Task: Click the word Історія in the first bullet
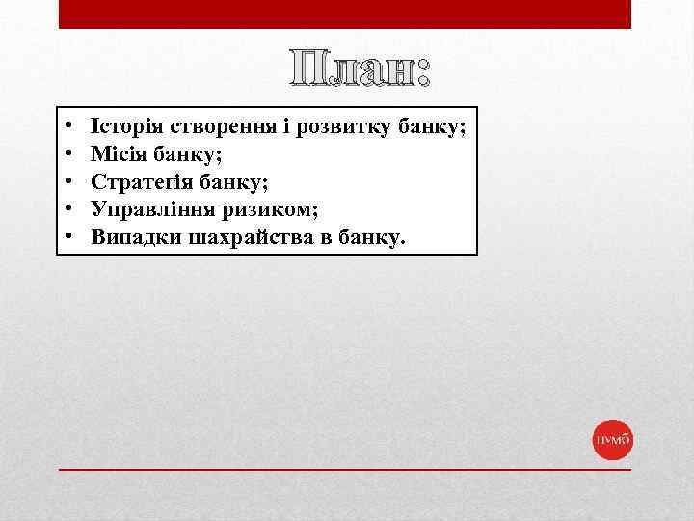[126, 126]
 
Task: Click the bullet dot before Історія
[69, 127]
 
